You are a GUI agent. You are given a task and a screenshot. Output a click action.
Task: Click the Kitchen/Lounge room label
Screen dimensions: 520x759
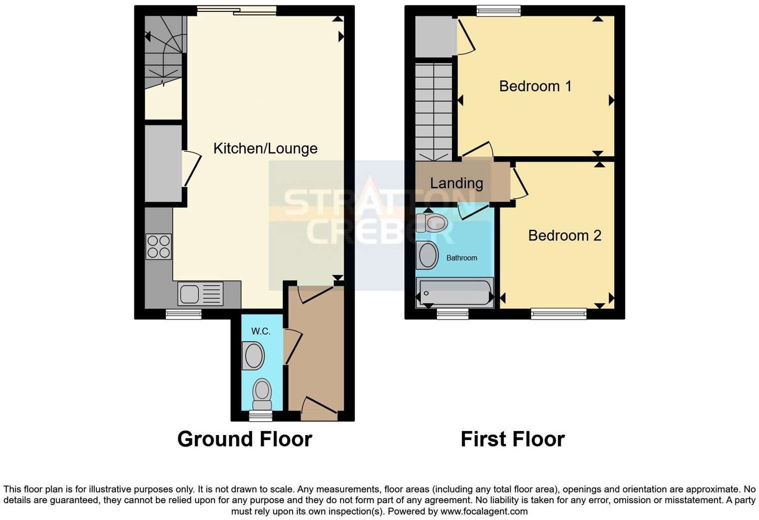(x=265, y=148)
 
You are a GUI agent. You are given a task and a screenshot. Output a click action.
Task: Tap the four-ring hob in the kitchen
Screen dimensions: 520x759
(x=158, y=246)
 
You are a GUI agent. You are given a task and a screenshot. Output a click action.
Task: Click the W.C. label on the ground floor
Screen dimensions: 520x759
(x=261, y=331)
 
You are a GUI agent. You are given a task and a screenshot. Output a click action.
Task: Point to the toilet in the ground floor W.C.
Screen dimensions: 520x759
(x=262, y=392)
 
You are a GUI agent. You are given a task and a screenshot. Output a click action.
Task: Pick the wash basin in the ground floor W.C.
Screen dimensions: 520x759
(x=254, y=356)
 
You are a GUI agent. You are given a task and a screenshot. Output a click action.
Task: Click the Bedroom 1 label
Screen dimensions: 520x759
(x=535, y=86)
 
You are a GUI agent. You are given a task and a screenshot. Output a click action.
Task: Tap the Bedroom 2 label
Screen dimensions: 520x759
(x=564, y=235)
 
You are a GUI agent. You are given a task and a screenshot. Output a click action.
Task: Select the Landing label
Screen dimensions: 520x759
(x=456, y=183)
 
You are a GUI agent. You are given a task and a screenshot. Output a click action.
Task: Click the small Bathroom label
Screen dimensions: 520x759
(x=461, y=258)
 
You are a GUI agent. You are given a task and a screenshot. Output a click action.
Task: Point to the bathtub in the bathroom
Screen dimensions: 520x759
(x=455, y=293)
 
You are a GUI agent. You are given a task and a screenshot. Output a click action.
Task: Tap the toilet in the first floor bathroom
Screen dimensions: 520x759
(x=431, y=222)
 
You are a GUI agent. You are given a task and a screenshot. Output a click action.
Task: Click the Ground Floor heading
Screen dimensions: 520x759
(x=245, y=439)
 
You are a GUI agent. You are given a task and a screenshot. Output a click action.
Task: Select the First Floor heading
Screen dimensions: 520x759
(x=512, y=439)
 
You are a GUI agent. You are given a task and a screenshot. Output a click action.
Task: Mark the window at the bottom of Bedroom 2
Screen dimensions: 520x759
(x=559, y=314)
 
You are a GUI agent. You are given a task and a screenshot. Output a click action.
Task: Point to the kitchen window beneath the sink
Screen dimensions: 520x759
(x=183, y=314)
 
